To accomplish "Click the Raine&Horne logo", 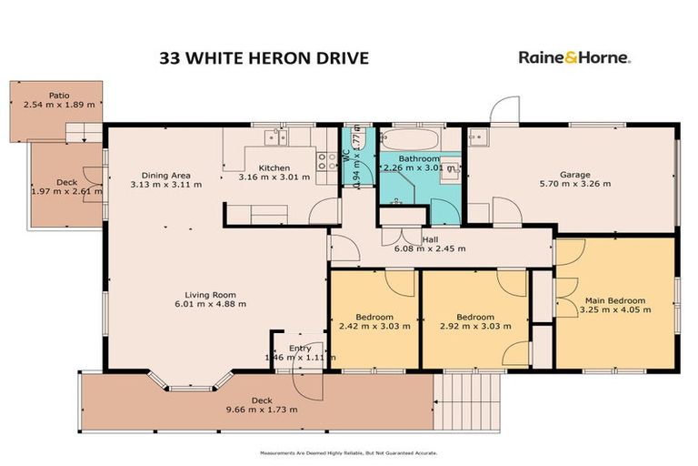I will point(574,57).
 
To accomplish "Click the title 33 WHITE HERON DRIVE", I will point(264,57).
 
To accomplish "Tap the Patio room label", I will point(58,94).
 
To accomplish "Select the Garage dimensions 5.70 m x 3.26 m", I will point(574,184).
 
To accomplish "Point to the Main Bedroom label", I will point(614,301).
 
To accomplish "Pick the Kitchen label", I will point(274,167).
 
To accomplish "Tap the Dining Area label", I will point(165,175).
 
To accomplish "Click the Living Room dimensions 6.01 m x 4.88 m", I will point(211,304).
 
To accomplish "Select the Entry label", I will point(300,349).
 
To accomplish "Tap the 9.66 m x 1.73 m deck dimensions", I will point(262,410).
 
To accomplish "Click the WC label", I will point(345,156).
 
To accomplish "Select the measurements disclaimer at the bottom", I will point(349,453).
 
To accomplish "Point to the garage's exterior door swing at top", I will point(502,111).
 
